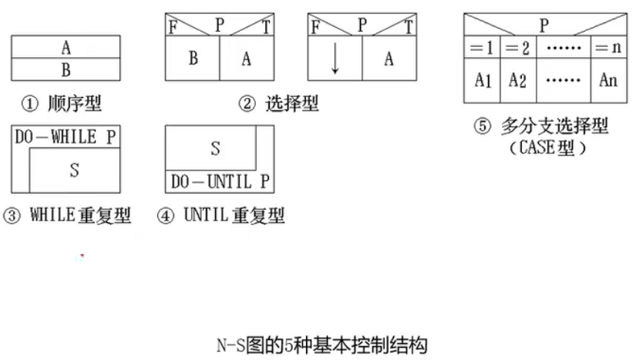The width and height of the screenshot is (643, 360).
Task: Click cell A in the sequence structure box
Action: click(66, 47)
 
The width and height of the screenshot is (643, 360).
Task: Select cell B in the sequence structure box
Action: click(66, 69)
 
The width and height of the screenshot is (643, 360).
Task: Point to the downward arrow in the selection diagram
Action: click(335, 60)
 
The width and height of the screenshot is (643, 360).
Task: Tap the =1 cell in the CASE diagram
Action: click(482, 48)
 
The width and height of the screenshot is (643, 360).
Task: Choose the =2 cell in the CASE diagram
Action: click(518, 48)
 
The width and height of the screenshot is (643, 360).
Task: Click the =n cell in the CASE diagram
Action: click(608, 48)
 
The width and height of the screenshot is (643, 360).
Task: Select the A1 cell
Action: click(482, 80)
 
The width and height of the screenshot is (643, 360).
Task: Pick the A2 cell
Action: click(518, 80)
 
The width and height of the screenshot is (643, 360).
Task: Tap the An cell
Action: click(608, 80)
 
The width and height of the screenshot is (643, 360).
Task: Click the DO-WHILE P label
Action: click(66, 137)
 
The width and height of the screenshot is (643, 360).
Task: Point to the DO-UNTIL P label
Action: click(221, 183)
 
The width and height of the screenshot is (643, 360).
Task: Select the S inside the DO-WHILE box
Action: click(74, 170)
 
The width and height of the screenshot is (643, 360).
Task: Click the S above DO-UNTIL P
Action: click(215, 149)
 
